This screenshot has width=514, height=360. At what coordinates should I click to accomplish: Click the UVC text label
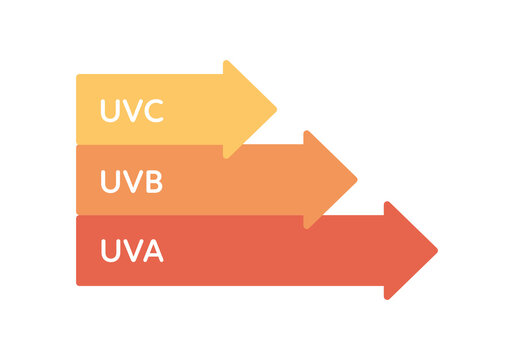pyautogui.click(x=131, y=110)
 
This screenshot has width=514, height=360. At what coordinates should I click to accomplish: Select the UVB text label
pyautogui.click(x=131, y=181)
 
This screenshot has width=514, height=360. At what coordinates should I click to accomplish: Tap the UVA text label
pyautogui.click(x=131, y=251)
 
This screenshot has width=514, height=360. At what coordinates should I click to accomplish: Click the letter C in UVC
pyautogui.click(x=151, y=110)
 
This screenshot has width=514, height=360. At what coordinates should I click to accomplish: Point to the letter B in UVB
pyautogui.click(x=152, y=181)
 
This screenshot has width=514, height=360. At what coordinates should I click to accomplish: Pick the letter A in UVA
pyautogui.click(x=152, y=251)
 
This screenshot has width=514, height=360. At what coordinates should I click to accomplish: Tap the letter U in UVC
pyautogui.click(x=110, y=110)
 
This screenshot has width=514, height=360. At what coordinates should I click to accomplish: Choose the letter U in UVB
pyautogui.click(x=110, y=181)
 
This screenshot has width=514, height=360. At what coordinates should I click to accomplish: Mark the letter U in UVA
pyautogui.click(x=110, y=251)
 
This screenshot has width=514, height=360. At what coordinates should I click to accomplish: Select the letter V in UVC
pyautogui.click(x=130, y=110)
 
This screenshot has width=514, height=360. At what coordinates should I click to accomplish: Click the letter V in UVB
pyautogui.click(x=131, y=181)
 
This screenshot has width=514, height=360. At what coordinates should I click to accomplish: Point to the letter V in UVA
pyautogui.click(x=131, y=251)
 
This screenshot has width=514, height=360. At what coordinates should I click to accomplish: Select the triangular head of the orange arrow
pyautogui.click(x=327, y=180)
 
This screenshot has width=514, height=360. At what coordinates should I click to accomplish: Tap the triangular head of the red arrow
pyautogui.click(x=407, y=250)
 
